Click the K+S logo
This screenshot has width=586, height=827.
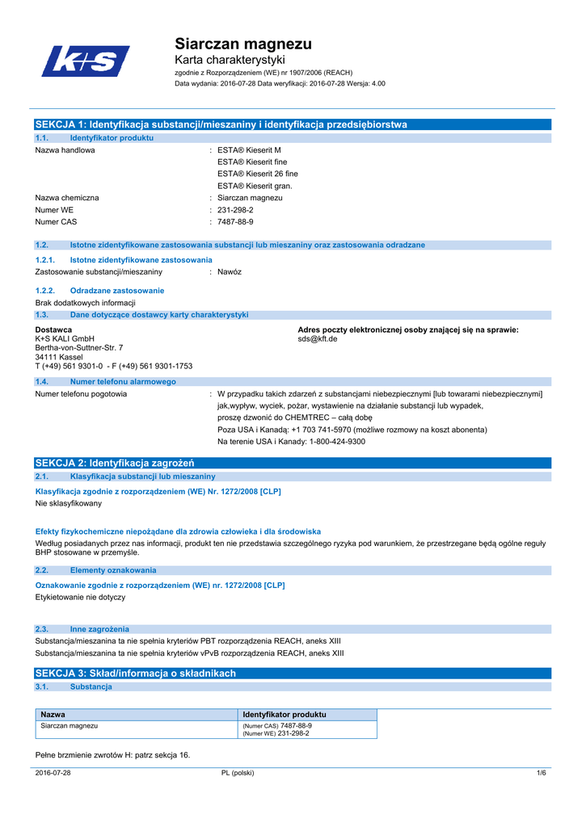click(85, 61)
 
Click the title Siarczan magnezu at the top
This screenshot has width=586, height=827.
click(243, 44)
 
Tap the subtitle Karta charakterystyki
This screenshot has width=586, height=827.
click(230, 61)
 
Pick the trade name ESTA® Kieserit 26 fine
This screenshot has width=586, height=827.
click(257, 174)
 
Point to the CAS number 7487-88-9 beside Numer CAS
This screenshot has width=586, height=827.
click(235, 221)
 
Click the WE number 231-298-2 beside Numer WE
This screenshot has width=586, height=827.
click(235, 209)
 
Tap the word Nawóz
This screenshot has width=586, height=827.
click(230, 271)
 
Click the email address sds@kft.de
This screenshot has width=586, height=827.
click(318, 339)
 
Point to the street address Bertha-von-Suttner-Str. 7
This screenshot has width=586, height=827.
click(79, 348)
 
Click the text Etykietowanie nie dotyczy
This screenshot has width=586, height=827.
click(80, 597)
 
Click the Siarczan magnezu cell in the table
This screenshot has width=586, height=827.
click(70, 726)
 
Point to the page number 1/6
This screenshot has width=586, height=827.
click(542, 773)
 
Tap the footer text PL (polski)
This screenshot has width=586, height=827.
click(238, 773)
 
